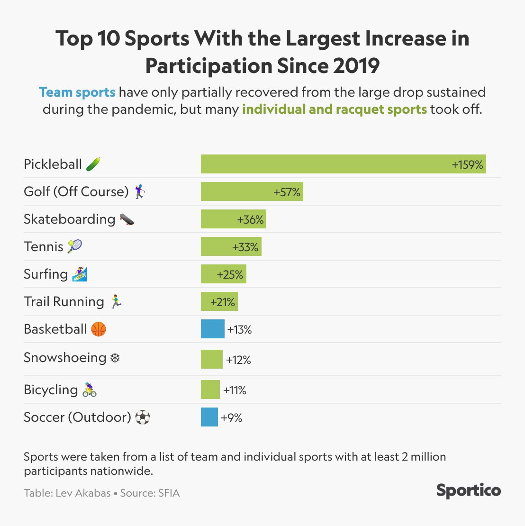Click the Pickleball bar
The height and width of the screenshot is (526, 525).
point(343,164)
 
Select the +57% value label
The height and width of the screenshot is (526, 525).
point(287,192)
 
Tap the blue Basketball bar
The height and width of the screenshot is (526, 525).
point(212,329)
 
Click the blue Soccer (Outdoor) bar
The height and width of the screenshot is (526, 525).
point(209,417)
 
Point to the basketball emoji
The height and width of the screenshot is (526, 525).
point(98,329)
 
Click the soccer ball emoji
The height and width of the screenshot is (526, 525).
point(143,417)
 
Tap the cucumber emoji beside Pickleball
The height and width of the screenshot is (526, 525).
point(93,164)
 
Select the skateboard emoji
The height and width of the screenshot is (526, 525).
point(127,219)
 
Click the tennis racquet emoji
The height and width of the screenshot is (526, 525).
point(74,246)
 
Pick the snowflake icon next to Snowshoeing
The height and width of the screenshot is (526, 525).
point(115,358)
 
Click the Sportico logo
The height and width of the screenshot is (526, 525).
point(468,490)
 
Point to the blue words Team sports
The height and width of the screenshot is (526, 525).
point(77,92)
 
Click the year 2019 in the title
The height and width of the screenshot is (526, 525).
point(356,65)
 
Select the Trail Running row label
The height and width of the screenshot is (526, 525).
point(64,302)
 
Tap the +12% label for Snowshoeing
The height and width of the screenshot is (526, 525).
point(238,360)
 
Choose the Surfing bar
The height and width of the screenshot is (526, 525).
point(223,274)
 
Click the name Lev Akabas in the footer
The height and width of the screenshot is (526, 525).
point(83,493)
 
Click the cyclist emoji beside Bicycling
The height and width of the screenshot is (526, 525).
point(90,390)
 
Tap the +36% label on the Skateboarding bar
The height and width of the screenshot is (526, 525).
point(250,219)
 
